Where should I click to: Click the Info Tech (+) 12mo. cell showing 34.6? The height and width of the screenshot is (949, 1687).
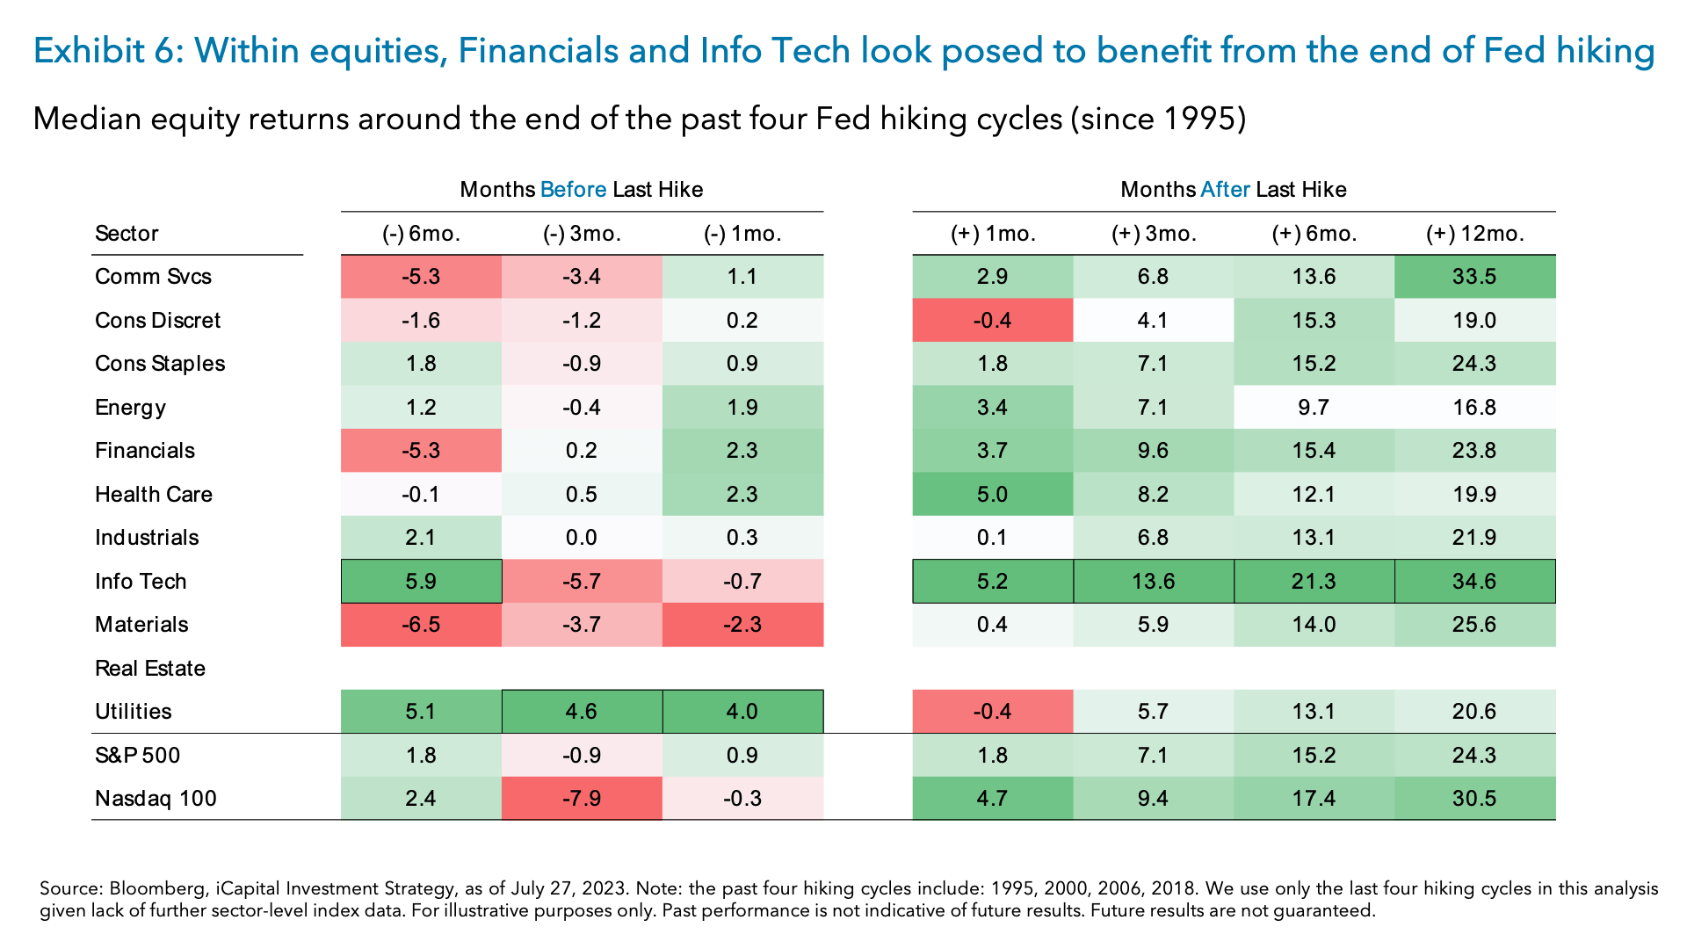(1474, 581)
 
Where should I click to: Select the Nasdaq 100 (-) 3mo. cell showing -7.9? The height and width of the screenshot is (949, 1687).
(582, 798)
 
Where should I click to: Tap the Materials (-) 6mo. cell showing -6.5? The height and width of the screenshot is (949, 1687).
(421, 624)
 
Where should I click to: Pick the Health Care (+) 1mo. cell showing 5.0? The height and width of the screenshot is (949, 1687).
(992, 494)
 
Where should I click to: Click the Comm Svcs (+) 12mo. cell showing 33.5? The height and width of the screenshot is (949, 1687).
(1474, 276)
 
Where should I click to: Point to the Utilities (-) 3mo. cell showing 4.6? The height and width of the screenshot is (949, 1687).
(582, 711)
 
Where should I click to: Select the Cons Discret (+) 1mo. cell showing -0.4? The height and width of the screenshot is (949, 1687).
(992, 320)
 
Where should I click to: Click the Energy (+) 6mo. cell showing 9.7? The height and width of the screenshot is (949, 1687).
(1314, 407)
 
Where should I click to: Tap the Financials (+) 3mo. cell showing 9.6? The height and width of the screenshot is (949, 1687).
(1153, 450)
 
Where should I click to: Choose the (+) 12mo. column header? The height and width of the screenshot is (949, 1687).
(1474, 234)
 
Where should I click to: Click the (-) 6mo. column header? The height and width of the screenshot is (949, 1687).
(421, 234)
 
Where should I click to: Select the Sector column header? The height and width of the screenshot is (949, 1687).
(127, 234)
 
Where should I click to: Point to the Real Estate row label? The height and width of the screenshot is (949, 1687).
(150, 668)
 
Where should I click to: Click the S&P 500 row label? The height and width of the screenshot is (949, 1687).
(137, 755)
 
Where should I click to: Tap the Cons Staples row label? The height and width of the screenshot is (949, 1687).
(160, 363)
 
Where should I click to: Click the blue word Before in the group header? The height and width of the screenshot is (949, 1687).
(573, 190)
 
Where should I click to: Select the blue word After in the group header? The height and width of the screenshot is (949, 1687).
(1225, 190)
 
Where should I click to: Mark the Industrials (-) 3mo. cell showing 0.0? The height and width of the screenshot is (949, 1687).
(582, 537)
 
